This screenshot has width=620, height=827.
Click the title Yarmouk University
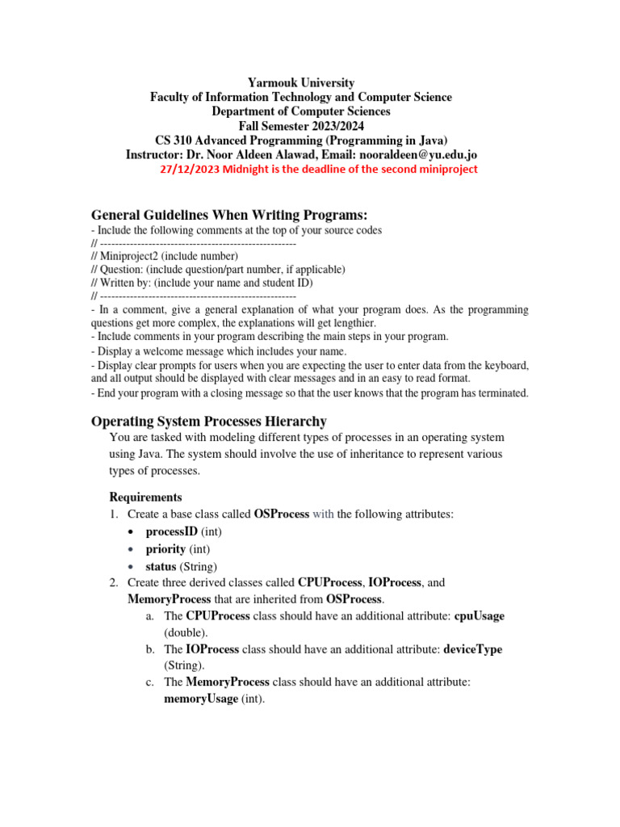tap(300, 82)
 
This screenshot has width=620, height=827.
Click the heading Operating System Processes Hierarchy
tap(209, 421)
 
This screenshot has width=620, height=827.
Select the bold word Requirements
tap(145, 497)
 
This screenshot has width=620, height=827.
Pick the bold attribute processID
tap(172, 531)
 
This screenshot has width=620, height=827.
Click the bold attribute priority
tap(165, 549)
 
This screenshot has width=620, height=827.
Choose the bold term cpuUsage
tap(480, 615)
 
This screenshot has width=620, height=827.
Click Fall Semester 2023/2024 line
tap(300, 125)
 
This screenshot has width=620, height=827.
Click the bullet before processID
tap(131, 532)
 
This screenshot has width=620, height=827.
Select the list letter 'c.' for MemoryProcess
tap(150, 682)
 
